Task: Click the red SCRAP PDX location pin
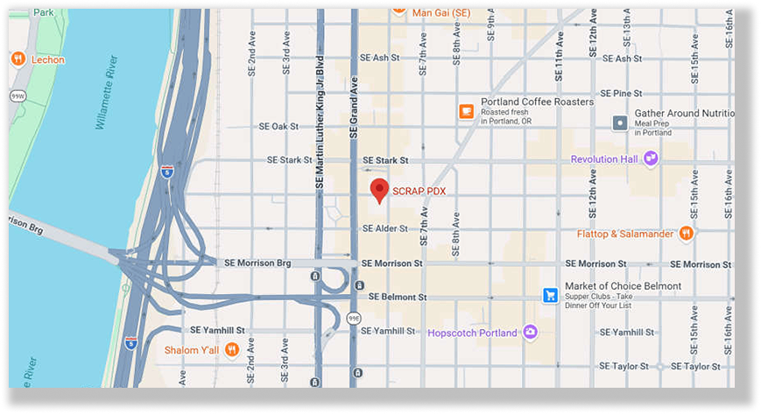pyautogui.click(x=379, y=190)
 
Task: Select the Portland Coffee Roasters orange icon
pyautogui.click(x=467, y=111)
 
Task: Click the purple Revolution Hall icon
pyautogui.click(x=651, y=158)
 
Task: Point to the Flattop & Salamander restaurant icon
pyautogui.click(x=687, y=233)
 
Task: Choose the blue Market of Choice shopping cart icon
pyautogui.click(x=550, y=295)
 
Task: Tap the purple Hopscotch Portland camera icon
pyautogui.click(x=529, y=333)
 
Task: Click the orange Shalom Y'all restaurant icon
pyautogui.click(x=231, y=350)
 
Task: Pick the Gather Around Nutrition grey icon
pyautogui.click(x=620, y=123)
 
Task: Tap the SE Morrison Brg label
pyautogui.click(x=257, y=263)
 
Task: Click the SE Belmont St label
pyautogui.click(x=398, y=297)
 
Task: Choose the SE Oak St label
pyautogui.click(x=279, y=127)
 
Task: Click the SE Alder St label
pyautogui.click(x=385, y=228)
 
